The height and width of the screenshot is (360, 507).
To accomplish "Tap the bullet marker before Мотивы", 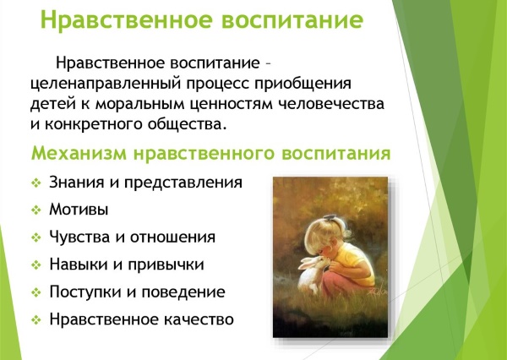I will click(35, 209).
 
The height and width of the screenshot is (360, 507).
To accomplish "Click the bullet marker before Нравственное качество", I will click(35, 320).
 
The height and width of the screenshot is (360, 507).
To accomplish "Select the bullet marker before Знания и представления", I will click(35, 183).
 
